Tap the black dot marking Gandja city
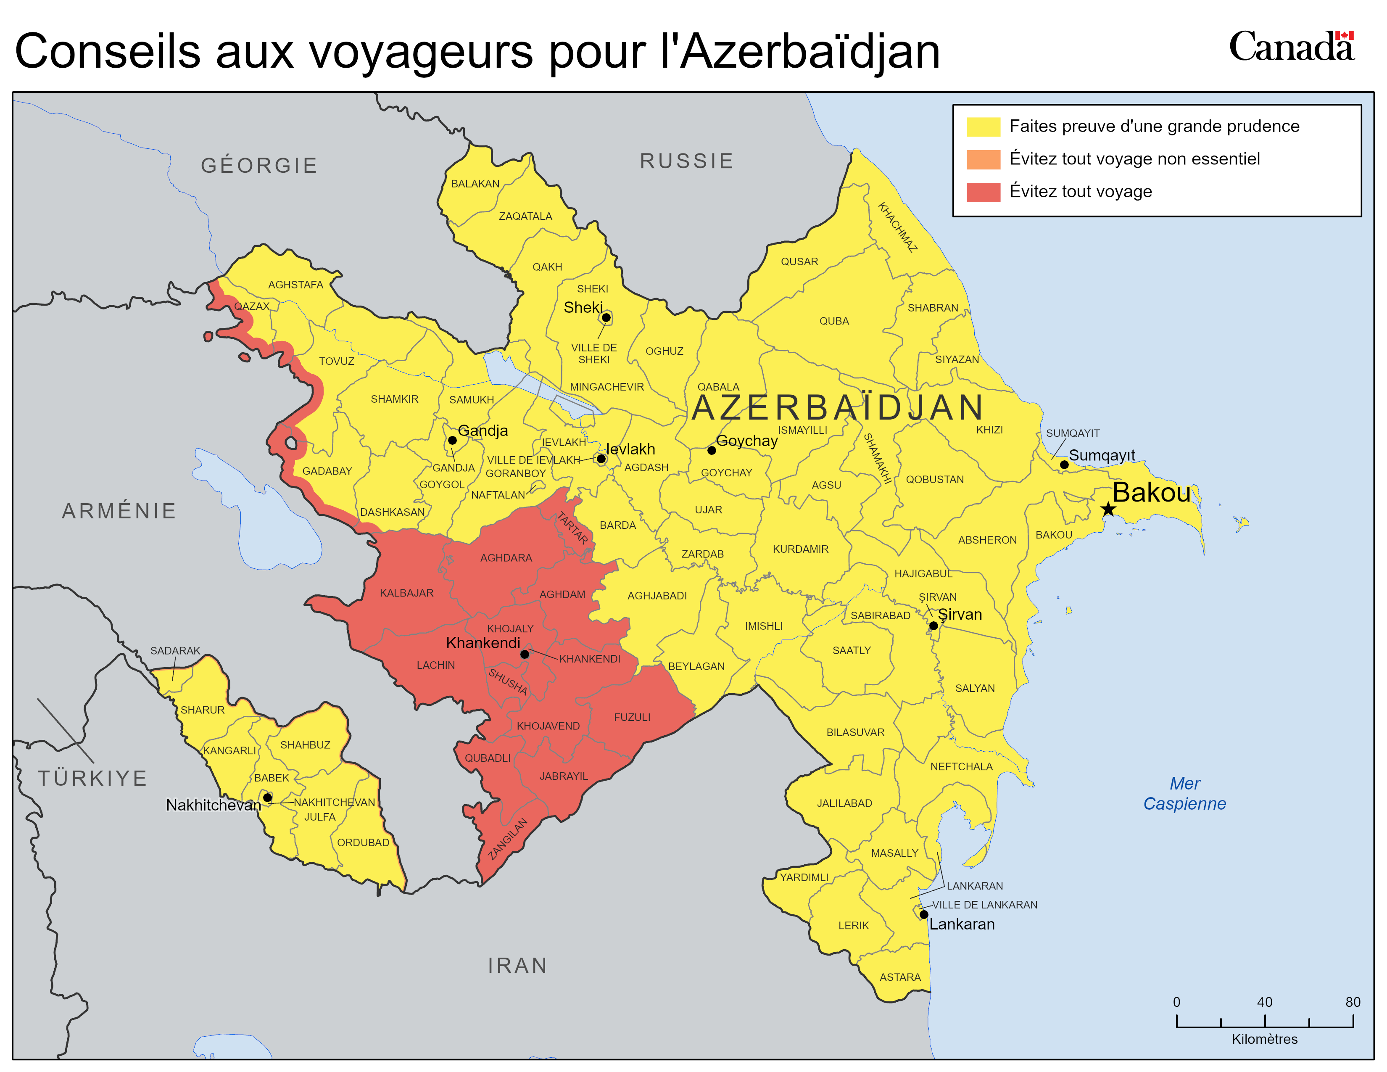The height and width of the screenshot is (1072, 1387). tap(452, 440)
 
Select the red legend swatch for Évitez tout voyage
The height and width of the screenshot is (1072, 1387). tap(983, 192)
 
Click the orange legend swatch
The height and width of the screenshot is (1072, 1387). tap(983, 159)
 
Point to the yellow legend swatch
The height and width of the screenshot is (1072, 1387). tap(983, 127)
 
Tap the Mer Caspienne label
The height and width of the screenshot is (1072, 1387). tap(1184, 793)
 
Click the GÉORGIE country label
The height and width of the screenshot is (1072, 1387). tap(259, 165)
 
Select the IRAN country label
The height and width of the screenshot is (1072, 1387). tap(517, 965)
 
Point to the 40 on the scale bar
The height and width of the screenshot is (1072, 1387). tap(1264, 1002)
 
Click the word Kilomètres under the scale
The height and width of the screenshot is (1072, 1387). tap(1264, 1039)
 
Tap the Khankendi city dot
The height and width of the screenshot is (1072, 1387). tap(525, 654)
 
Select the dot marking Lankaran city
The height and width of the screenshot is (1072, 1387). tap(924, 914)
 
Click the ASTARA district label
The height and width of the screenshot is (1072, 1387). tap(900, 977)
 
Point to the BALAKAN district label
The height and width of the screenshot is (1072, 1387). tap(475, 184)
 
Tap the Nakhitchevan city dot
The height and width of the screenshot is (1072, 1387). tap(267, 797)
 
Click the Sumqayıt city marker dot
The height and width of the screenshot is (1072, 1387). tap(1064, 465)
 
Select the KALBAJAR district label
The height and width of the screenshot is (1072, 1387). tap(406, 592)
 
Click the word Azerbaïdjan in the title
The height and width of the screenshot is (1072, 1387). tap(810, 51)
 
